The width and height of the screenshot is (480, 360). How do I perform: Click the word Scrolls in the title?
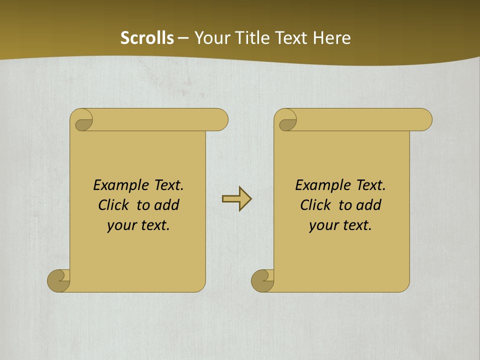pyautogui.click(x=147, y=38)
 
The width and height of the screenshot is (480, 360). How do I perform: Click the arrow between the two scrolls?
pyautogui.click(x=236, y=199)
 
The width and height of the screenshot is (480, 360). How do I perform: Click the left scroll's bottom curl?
pyautogui.click(x=59, y=280)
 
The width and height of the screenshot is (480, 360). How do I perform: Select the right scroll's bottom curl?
pyautogui.click(x=263, y=280)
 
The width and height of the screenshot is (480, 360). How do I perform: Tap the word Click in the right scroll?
pyautogui.click(x=315, y=205)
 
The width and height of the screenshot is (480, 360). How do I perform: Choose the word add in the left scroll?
pyautogui.click(x=167, y=205)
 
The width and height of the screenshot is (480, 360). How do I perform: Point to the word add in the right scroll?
pyautogui.click(x=369, y=205)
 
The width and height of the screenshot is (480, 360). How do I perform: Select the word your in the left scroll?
pyautogui.click(x=120, y=225)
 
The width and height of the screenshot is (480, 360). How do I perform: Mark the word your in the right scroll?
pyautogui.click(x=322, y=225)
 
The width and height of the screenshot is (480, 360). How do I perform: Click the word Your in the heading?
pyautogui.click(x=210, y=38)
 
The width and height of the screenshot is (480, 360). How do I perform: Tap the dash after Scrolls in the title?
pyautogui.click(x=183, y=38)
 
